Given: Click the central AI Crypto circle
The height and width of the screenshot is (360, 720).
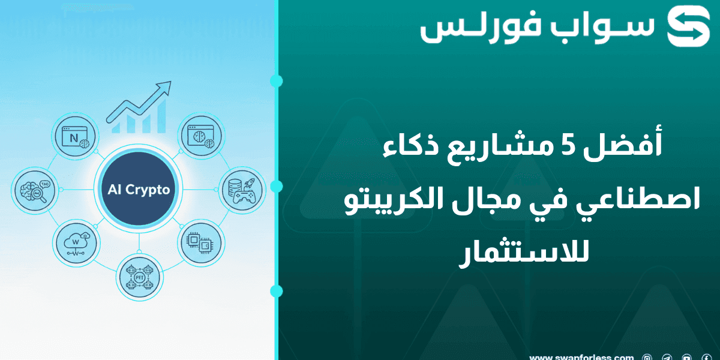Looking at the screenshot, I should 139,190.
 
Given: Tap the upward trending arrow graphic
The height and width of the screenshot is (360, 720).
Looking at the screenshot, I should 140,108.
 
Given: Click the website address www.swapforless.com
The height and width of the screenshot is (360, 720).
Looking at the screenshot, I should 581,357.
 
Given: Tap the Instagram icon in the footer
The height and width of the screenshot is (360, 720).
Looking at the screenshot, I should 647,358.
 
